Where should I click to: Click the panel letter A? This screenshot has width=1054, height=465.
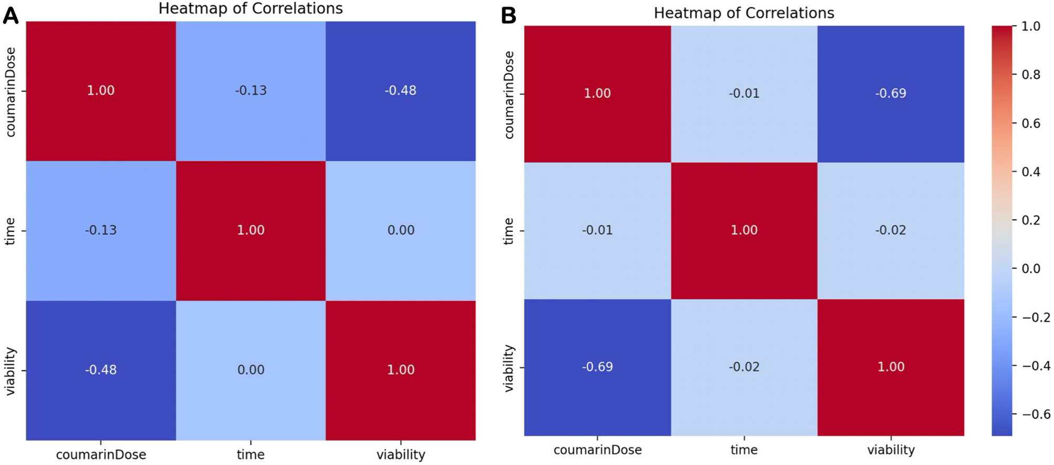click(x=11, y=16)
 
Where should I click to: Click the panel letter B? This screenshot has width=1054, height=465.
click(x=508, y=16)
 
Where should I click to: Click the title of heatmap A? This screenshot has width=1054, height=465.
click(x=251, y=8)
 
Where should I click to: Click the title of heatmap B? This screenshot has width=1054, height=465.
click(x=744, y=13)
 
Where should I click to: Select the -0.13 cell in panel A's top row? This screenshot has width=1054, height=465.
click(x=251, y=90)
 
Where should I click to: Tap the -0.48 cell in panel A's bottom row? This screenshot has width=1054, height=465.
click(x=101, y=370)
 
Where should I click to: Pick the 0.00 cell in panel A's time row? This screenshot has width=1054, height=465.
click(x=401, y=230)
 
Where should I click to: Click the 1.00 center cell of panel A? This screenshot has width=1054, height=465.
click(x=251, y=230)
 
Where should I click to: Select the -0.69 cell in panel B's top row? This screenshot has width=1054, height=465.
click(x=891, y=94)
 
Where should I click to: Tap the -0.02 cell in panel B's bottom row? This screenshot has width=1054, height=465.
click(x=744, y=367)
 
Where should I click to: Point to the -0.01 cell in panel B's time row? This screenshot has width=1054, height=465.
click(x=597, y=230)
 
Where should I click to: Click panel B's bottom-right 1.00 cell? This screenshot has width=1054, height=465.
click(x=891, y=367)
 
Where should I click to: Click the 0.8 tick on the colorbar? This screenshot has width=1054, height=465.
click(x=1030, y=75)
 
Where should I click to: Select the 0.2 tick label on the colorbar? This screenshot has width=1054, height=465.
click(x=1030, y=220)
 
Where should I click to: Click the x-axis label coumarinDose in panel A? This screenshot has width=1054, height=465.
click(x=101, y=454)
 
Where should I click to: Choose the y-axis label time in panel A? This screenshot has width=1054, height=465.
click(x=9, y=231)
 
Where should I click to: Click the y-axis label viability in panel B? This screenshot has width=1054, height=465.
click(x=508, y=368)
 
